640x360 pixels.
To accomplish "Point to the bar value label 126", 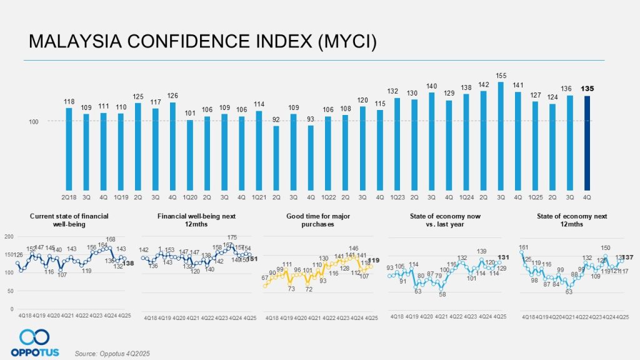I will [173, 96].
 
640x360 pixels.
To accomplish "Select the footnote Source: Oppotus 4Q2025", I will [112, 354].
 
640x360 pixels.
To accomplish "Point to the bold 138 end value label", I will [127, 264].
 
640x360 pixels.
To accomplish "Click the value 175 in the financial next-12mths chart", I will [232, 237].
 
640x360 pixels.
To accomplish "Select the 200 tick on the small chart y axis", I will [9, 237].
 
